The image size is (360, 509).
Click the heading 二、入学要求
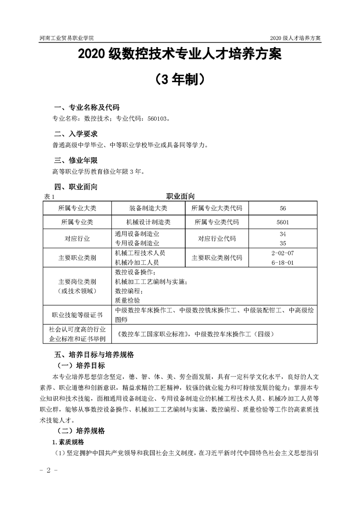[x=76, y=134]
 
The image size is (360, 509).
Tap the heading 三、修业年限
[x=76, y=161]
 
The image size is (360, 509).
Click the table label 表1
[x=49, y=197]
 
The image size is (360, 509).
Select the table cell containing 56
[x=283, y=208]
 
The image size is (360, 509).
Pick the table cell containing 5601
[x=283, y=223]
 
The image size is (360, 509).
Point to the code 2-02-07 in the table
[x=283, y=253]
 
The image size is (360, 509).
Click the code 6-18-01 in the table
[x=283, y=262]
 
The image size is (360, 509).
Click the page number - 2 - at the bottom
[x=47, y=470]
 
